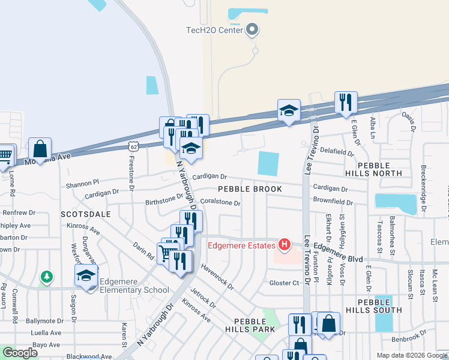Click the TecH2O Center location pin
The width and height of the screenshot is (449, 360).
[x=252, y=29]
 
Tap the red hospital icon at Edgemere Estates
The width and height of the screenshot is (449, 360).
[x=285, y=245]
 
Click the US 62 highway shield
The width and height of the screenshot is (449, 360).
[x=133, y=145]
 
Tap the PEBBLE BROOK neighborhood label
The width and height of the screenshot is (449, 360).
[x=250, y=189]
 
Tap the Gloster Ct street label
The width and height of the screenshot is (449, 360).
[x=284, y=283]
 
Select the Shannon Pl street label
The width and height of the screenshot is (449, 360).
[x=82, y=184]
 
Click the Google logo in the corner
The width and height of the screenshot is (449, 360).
[x=20, y=353]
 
